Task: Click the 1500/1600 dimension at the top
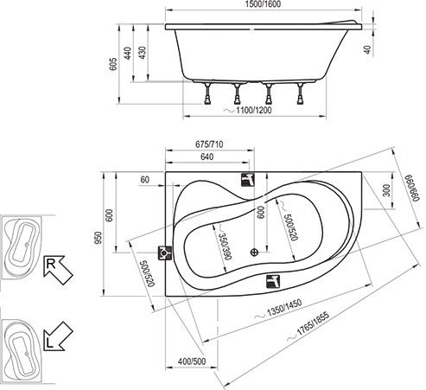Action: coord(263,4)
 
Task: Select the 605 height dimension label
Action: coord(113,64)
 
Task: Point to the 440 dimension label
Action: coord(128,53)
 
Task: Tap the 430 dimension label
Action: coord(143,53)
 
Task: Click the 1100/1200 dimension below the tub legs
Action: coord(253,110)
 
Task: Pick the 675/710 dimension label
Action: coord(209,144)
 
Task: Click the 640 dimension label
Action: coord(207,157)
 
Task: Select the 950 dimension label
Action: coord(99,238)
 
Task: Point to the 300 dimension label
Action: coord(387,190)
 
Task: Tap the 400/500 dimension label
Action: coord(192,361)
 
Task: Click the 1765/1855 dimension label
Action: coord(313,323)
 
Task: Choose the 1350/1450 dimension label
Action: coord(284,308)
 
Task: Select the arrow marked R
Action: coord(58,270)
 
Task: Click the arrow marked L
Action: coord(58,336)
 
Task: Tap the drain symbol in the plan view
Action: coord(254,253)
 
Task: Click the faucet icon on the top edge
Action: coord(248,180)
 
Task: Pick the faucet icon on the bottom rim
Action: coord(273,282)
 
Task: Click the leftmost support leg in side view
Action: coord(207,93)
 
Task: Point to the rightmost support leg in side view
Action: coord(300,93)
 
